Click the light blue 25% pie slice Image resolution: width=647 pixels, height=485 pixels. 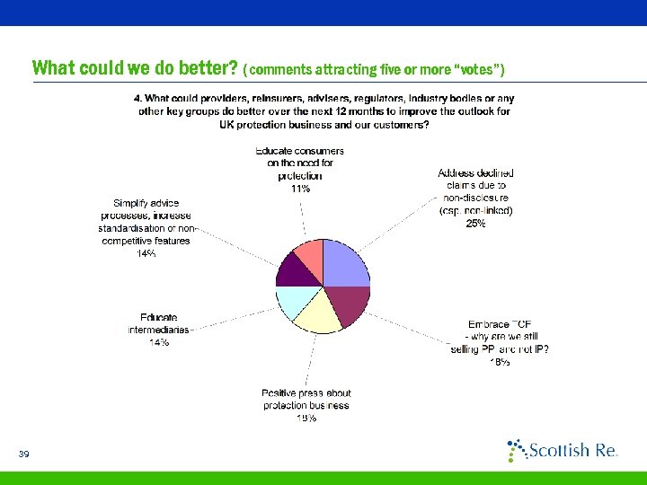(x=344, y=263)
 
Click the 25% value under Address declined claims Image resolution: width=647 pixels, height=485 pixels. (x=475, y=224)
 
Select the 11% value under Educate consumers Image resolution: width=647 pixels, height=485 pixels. (x=299, y=189)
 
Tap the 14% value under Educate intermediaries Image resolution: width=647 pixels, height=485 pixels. (x=159, y=343)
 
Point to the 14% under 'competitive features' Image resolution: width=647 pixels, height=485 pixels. (x=146, y=254)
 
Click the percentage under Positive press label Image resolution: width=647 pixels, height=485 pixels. (x=306, y=418)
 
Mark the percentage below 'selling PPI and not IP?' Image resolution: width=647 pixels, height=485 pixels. (x=500, y=362)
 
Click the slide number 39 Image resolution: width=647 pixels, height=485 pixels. (x=24, y=454)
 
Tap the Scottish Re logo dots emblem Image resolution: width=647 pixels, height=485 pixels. (x=517, y=449)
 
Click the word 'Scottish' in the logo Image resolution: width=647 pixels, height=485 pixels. (x=558, y=450)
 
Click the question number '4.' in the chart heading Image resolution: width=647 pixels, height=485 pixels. (x=137, y=98)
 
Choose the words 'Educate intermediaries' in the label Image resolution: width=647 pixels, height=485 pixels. (x=158, y=323)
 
